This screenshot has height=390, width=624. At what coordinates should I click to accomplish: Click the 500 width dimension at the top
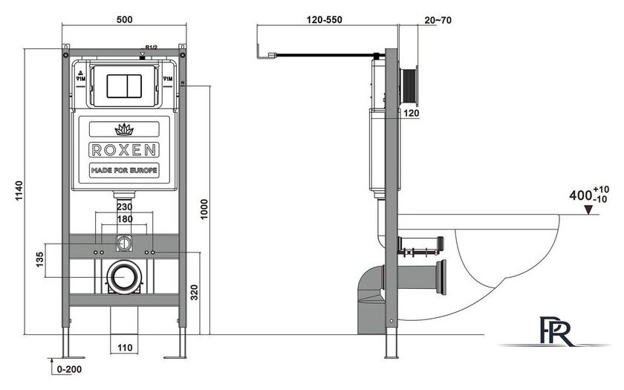click(124, 19)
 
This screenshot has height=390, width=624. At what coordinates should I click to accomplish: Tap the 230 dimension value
click(124, 207)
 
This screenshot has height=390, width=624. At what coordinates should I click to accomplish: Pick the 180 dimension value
click(124, 220)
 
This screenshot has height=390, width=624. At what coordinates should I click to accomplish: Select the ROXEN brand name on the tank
click(124, 149)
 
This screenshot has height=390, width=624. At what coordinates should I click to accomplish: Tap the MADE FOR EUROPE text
click(124, 170)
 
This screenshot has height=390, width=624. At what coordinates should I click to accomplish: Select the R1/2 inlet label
click(151, 50)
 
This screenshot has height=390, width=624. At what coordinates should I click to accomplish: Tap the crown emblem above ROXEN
click(123, 129)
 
